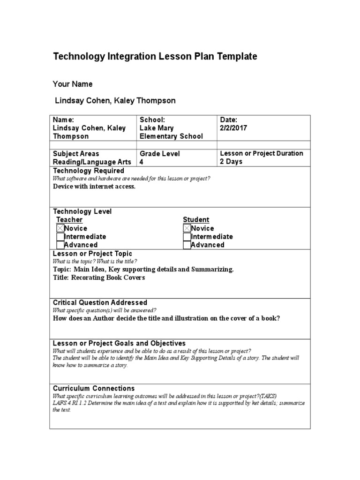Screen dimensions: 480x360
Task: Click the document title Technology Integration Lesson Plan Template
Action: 155,57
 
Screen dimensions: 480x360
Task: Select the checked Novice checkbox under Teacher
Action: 60,228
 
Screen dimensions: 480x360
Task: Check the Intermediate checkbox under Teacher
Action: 60,237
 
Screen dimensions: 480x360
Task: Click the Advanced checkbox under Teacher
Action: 60,245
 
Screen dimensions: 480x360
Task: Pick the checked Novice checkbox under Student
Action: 187,228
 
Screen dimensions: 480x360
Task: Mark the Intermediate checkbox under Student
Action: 187,237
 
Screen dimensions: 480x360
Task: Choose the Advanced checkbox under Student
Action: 187,245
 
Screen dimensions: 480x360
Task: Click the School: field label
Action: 152,120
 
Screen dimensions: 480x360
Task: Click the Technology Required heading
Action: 89,171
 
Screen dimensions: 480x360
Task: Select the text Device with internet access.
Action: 94,186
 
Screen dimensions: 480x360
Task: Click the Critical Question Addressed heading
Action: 100,302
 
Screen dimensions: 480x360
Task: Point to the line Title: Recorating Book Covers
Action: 99,277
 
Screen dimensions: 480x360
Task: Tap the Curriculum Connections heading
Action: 94,388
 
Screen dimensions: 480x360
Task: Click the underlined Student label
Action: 196,220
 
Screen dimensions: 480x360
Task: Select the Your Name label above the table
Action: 73,84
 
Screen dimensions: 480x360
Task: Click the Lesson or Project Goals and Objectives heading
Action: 119,343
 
